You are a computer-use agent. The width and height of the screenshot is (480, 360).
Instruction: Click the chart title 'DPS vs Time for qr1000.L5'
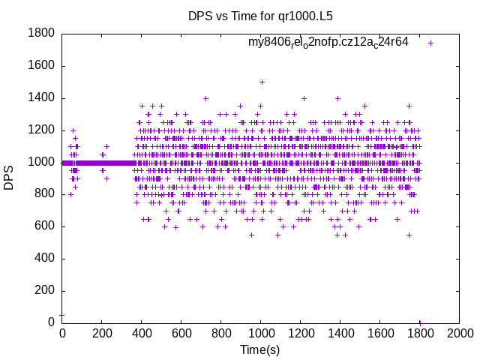[x=259, y=16]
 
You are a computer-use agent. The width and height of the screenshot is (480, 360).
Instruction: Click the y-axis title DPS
[x=9, y=178]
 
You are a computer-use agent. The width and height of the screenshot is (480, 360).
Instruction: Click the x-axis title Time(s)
[x=259, y=349]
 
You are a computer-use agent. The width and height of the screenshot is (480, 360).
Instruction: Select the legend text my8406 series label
[x=328, y=42]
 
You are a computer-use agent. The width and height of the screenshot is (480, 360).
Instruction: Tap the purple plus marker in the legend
[x=430, y=43]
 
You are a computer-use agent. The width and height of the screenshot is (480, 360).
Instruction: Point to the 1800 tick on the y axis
[x=40, y=33]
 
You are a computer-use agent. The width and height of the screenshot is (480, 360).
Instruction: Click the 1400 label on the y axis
[x=40, y=97]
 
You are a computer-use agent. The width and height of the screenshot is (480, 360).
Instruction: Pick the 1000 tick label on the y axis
[x=40, y=162]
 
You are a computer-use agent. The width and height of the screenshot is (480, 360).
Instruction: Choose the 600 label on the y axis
[x=43, y=226]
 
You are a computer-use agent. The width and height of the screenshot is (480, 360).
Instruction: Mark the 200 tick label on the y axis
[x=43, y=291]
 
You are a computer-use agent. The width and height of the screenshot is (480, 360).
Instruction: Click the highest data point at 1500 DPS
[x=262, y=82]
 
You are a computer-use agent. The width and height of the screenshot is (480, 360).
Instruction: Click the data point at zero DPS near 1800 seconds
[x=420, y=322]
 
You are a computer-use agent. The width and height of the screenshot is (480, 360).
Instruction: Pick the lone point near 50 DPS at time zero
[x=61, y=315]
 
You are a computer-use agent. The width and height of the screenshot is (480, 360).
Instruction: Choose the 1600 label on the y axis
[x=40, y=65]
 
